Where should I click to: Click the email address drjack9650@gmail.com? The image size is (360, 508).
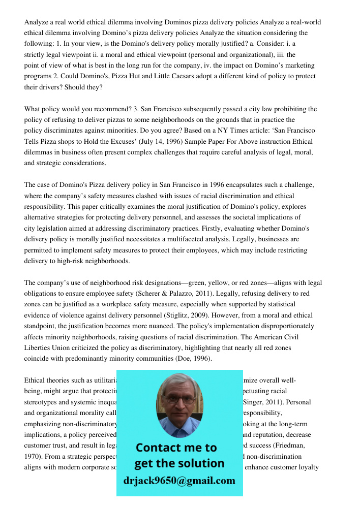coord(179,481)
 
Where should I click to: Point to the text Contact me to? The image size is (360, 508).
coord(176,448)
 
